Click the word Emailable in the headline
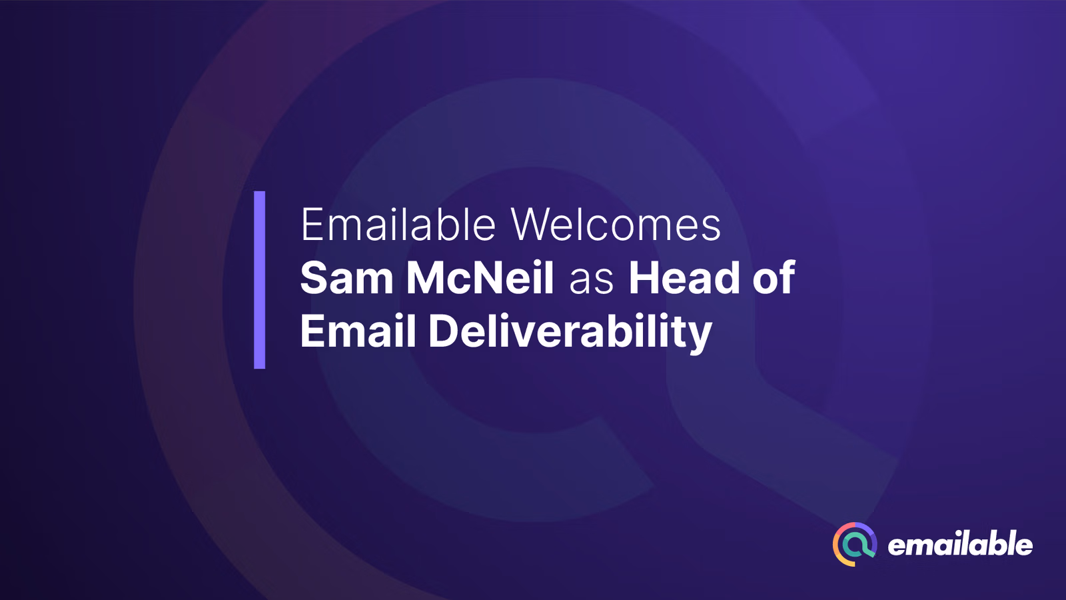[x=398, y=225]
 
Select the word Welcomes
[x=616, y=225]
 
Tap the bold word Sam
[x=346, y=278]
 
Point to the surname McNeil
[x=480, y=278]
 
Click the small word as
[x=591, y=280]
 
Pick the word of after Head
[x=774, y=278]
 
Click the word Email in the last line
[x=358, y=331]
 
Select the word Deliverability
[x=570, y=331]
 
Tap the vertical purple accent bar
[x=260, y=280]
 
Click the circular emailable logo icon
[x=855, y=544]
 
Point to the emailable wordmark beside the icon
[x=960, y=545]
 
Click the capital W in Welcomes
[x=531, y=225]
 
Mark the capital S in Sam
[x=314, y=278]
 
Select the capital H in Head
[x=644, y=278]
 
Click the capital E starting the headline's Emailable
[x=311, y=225]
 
